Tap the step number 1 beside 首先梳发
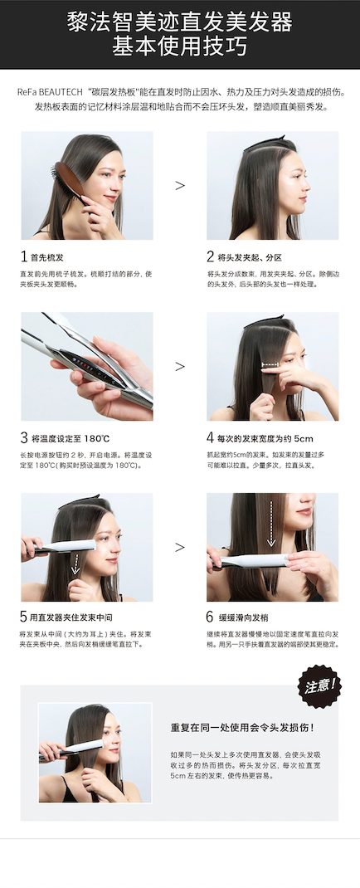point(24,256)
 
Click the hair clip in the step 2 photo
point(265,143)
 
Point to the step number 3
point(24,437)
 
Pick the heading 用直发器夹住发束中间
point(67,617)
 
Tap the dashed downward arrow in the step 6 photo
point(271,523)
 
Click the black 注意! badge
point(320,686)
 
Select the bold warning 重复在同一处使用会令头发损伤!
point(243,727)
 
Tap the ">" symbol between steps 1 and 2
point(180,185)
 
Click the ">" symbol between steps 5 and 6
point(180,547)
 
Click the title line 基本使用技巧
point(179,46)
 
